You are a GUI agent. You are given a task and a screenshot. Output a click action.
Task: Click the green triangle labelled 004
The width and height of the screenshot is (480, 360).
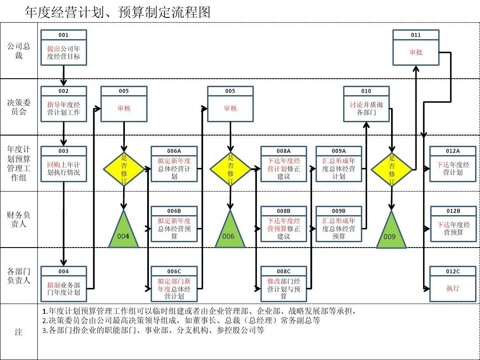click(124, 230)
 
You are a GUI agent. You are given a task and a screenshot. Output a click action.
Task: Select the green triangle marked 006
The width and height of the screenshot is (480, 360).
click(230, 230)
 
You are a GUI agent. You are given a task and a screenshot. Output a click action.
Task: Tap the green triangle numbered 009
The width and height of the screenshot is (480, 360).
click(391, 230)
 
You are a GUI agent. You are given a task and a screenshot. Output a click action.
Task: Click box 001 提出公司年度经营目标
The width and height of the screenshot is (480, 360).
click(64, 48)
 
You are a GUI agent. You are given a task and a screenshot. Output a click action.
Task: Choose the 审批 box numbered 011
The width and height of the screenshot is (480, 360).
click(416, 48)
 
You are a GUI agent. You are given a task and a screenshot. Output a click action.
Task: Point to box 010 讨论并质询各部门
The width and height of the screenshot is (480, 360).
click(366, 104)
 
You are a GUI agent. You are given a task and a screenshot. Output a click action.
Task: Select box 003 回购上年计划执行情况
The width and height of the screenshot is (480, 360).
click(64, 164)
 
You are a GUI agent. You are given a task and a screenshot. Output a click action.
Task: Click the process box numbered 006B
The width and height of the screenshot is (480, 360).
click(174, 224)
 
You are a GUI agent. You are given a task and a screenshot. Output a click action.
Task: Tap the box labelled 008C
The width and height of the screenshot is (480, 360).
click(284, 284)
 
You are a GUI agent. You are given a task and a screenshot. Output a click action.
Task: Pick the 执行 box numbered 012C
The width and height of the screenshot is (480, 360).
click(453, 284)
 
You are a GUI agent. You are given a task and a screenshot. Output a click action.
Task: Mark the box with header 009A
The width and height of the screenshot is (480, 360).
click(339, 164)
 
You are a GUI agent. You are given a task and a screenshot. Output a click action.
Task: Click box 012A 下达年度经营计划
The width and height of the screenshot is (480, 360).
click(453, 164)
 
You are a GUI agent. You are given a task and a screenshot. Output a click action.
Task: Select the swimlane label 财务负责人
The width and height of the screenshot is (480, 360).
click(19, 219)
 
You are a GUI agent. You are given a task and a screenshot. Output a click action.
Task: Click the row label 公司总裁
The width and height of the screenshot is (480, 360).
click(19, 51)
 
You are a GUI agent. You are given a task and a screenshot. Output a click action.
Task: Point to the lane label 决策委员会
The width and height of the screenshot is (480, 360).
click(19, 107)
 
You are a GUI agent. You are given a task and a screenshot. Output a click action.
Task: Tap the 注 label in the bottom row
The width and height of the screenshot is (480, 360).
click(19, 332)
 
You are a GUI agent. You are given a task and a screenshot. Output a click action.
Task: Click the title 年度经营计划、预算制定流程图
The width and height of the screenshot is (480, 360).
click(117, 12)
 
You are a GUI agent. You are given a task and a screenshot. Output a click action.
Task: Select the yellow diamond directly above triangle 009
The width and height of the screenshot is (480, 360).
click(392, 169)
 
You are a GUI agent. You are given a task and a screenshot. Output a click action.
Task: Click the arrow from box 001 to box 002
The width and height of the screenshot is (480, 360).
click(64, 76)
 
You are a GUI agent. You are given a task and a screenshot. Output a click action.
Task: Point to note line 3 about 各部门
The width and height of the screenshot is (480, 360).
click(153, 330)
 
